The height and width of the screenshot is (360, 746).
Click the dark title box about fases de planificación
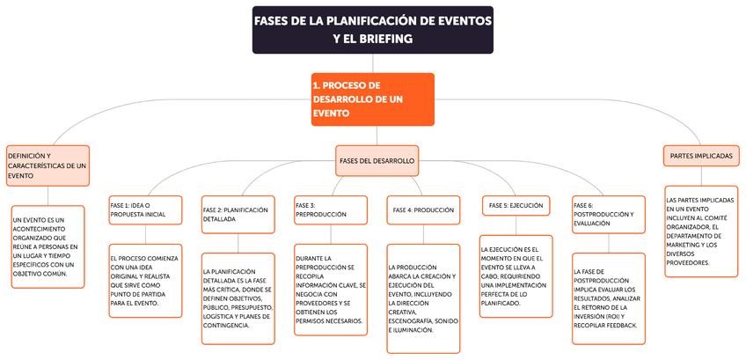[372, 30]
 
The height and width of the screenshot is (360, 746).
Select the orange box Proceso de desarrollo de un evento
[372, 99]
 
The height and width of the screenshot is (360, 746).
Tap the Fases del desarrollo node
[377, 161]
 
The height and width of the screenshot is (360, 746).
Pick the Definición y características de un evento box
[48, 165]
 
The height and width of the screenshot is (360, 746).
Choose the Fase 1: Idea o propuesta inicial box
[145, 209]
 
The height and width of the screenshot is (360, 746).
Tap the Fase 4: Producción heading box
[423, 210]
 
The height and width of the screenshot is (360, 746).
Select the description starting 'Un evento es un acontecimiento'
[48, 247]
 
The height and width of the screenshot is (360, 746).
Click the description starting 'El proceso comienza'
[145, 280]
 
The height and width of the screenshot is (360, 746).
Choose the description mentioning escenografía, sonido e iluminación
[423, 298]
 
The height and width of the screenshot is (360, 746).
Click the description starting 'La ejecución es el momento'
[516, 276]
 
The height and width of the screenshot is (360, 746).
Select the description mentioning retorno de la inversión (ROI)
[608, 298]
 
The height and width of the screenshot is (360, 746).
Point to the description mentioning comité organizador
[700, 231]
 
